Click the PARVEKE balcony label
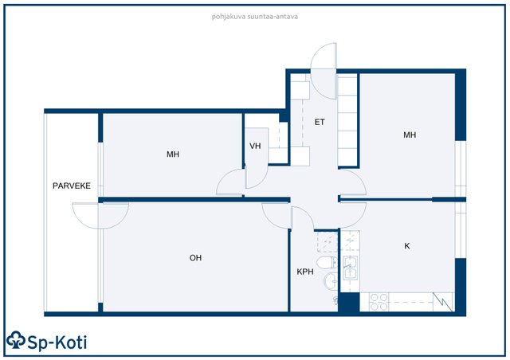[72, 186]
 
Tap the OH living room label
[195, 258]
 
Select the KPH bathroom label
[305, 272]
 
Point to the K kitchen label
[407, 246]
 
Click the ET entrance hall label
[320, 122]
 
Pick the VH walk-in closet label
[255, 146]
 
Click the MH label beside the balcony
[173, 155]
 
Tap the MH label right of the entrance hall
[410, 135]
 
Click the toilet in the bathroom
[328, 263]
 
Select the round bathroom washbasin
[331, 282]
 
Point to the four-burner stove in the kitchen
[379, 302]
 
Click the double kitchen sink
[350, 268]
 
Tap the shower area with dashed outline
[328, 242]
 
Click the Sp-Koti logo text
[57, 342]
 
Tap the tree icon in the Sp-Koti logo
[16, 340]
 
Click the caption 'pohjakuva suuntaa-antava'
[255, 17]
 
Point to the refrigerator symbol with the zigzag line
[442, 302]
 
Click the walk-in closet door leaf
[257, 158]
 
